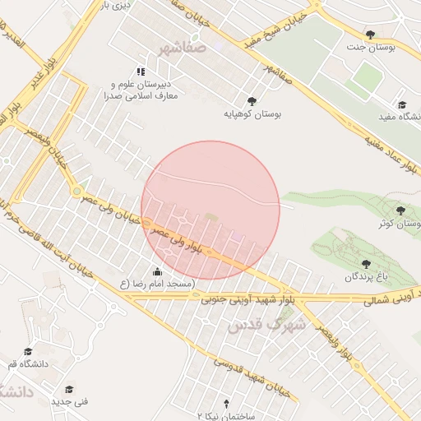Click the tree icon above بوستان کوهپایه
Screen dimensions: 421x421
(x=251, y=101)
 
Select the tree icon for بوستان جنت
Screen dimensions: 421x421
(x=371, y=35)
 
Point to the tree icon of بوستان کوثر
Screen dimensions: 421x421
(x=400, y=210)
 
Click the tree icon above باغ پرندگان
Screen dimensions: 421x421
(x=365, y=264)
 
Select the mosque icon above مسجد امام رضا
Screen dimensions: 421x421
(x=158, y=271)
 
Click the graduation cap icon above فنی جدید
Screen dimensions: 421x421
(x=69, y=389)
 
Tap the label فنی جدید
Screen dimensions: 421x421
(x=69, y=403)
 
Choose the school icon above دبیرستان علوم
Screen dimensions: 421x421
(x=141, y=72)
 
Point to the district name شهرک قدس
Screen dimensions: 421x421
(x=267, y=325)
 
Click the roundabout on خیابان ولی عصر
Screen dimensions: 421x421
(x=76, y=192)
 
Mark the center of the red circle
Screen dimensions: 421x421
(x=210, y=210)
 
